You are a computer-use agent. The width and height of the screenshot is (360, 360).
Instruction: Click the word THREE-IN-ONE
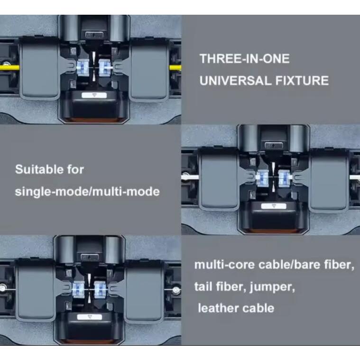[x=244, y=59]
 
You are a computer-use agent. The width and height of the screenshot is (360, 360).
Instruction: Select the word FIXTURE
[x=302, y=81]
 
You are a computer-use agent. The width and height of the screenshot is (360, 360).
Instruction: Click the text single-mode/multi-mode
[x=87, y=192]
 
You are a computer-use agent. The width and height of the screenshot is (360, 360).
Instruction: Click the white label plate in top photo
[x=93, y=94]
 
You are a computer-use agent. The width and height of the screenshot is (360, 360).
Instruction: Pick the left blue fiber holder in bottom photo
[x=78, y=287]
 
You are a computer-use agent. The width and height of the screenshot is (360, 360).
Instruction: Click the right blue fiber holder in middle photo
[x=284, y=178]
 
